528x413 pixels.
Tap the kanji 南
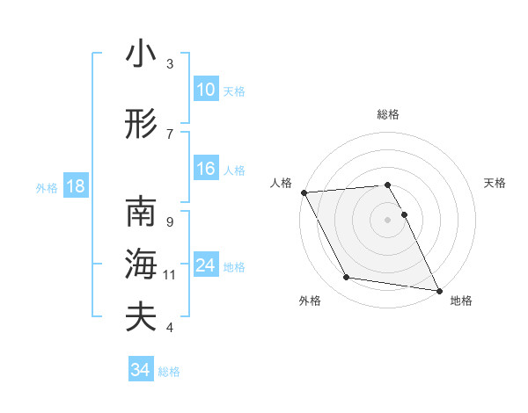tap(141, 214)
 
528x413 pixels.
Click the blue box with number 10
tap(205, 90)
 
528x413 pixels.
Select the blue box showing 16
tap(205, 170)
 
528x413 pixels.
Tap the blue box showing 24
tap(205, 266)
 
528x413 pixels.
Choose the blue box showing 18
tap(75, 186)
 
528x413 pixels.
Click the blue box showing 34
tap(141, 370)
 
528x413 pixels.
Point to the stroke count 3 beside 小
tap(170, 63)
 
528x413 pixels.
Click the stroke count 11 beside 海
tap(170, 275)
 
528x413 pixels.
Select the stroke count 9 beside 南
tap(170, 222)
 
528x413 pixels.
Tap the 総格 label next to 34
tap(169, 372)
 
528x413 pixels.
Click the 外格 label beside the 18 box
tap(47, 187)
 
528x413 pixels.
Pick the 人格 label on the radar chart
tap(281, 183)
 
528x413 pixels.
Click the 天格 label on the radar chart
tap(495, 183)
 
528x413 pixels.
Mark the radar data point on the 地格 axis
tap(438, 290)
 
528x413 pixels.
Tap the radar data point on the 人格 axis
tap(304, 192)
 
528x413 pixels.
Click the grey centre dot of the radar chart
tap(388, 219)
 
